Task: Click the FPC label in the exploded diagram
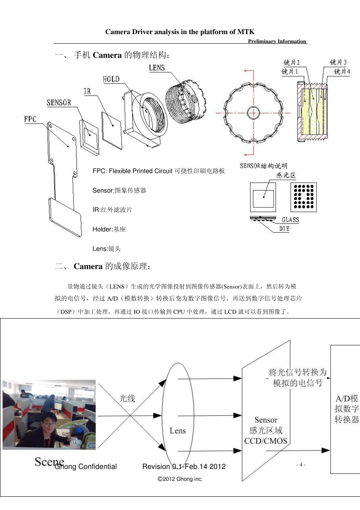30,119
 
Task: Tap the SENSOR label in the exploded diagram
59,103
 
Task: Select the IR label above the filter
87,91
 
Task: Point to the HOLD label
111,79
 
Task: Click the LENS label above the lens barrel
157,68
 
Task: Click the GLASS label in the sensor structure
290,220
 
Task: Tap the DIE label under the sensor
284,229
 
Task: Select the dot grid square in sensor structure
304,197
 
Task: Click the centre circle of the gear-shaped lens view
253,113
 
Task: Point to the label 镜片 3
338,62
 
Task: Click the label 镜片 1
290,71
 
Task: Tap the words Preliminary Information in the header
277,41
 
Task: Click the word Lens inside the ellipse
177,431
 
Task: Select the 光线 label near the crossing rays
127,399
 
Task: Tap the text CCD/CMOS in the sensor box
266,441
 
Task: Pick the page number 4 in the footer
301,465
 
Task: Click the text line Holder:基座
109,229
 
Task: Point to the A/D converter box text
346,409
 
